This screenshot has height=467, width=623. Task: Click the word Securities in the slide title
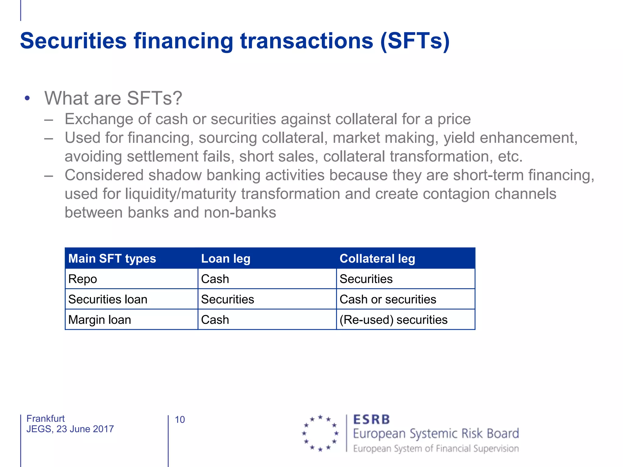tap(73, 41)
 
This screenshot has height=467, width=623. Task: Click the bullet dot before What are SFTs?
tap(27, 98)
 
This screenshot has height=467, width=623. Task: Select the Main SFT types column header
tap(112, 259)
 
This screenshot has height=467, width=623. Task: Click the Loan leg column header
tap(226, 259)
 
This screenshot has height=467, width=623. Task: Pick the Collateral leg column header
tap(377, 259)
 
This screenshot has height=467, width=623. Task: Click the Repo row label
tap(83, 279)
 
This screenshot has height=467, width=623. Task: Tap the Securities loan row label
tap(108, 299)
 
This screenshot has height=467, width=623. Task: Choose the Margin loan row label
tap(100, 320)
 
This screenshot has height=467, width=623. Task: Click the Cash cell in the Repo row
tap(215, 279)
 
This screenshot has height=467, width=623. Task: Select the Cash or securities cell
tap(388, 299)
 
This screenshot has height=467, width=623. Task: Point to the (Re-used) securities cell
tap(393, 320)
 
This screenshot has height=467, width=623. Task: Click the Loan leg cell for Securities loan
tap(228, 299)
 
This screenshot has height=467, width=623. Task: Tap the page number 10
tap(180, 420)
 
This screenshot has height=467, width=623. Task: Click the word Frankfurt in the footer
tap(46, 419)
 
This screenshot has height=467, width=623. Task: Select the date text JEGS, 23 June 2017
tap(70, 429)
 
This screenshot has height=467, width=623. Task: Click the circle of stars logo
tap(320, 433)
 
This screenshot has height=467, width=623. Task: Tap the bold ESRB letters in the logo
tap(371, 420)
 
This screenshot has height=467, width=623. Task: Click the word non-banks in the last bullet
tap(240, 213)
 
